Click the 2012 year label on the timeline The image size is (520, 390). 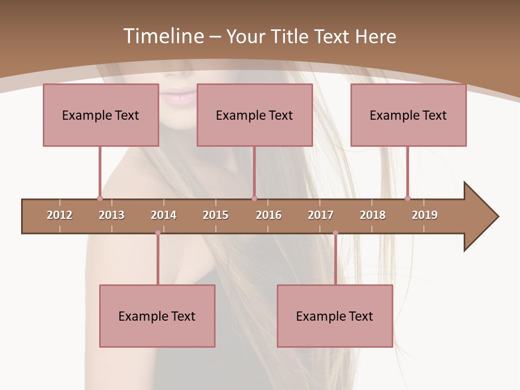click(x=60, y=215)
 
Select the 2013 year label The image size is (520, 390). click(x=112, y=215)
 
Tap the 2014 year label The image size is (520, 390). click(x=164, y=215)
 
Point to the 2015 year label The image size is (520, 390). click(x=216, y=215)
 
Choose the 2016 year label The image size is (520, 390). click(x=269, y=215)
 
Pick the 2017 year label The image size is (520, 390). click(x=321, y=215)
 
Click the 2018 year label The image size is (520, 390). click(x=373, y=215)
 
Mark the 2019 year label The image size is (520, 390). click(x=425, y=215)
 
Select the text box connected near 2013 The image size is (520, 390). click(x=101, y=115)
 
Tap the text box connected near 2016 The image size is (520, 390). click(x=255, y=115)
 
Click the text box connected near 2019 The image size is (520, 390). click(x=408, y=115)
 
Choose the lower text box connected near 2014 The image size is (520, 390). click(x=157, y=316)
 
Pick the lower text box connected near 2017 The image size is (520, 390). click(x=335, y=316)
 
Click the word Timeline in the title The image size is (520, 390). click(x=162, y=36)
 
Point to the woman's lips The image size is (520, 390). click(x=179, y=96)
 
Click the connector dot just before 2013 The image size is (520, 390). click(x=100, y=198)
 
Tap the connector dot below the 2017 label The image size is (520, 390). click(x=335, y=233)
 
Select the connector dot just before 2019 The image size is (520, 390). click(x=407, y=198)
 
